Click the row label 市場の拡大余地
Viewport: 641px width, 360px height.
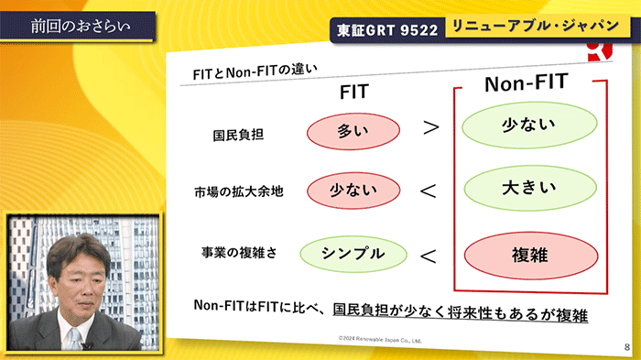coord(238,192)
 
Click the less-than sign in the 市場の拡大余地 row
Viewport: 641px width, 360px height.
coord(428,191)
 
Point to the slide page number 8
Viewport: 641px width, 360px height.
coord(626,347)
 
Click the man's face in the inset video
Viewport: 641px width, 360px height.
coord(77,270)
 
